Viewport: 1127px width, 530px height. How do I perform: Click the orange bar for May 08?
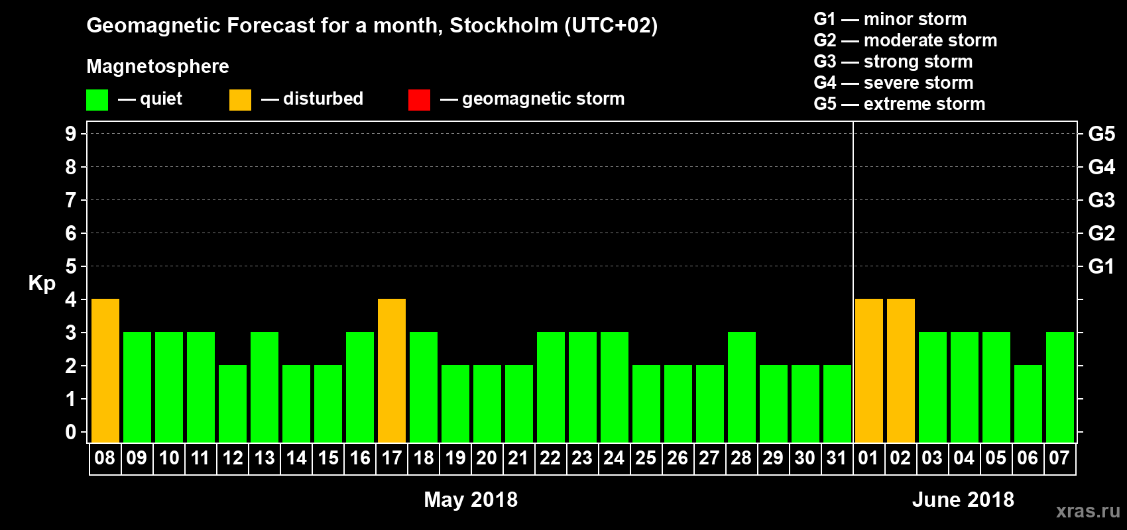click(105, 370)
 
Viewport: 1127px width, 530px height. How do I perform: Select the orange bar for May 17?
click(392, 370)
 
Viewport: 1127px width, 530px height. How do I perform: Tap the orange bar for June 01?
click(869, 370)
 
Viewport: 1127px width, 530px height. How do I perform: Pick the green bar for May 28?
click(742, 387)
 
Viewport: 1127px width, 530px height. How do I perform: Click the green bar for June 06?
click(1028, 403)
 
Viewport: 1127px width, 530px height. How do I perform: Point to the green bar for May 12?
click(233, 403)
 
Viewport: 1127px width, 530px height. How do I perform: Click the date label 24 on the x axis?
click(614, 458)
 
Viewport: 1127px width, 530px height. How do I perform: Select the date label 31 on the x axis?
click(837, 458)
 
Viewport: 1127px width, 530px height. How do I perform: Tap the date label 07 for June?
click(1059, 458)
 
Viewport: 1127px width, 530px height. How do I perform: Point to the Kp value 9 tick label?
click(71, 134)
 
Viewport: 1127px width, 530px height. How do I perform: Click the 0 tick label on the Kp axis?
click(71, 432)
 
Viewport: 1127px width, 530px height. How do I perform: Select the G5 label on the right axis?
click(1101, 134)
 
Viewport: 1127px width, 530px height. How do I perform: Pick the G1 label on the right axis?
click(1101, 266)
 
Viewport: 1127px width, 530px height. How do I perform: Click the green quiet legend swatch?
click(97, 100)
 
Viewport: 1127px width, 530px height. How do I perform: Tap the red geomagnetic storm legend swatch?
click(419, 100)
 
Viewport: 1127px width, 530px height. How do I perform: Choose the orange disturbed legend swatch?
click(240, 100)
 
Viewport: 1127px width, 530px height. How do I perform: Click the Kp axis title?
click(42, 283)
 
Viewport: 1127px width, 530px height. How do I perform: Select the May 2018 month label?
click(471, 499)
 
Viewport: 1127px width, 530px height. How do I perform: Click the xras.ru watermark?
click(1088, 510)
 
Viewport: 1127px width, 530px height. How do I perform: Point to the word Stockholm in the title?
click(504, 25)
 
